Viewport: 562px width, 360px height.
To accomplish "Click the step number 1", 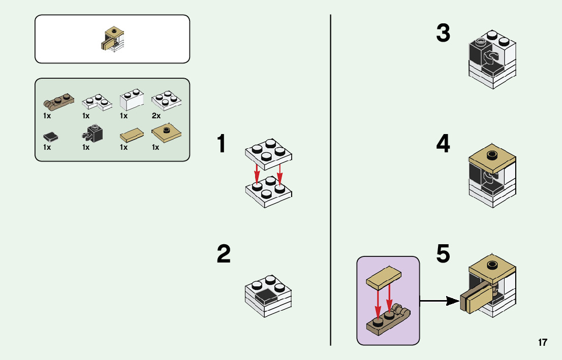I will click(221, 144).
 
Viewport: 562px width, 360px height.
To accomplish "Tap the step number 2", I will click(224, 254).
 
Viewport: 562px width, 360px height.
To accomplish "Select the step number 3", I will click(443, 34).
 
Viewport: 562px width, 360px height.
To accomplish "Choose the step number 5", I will click(443, 254).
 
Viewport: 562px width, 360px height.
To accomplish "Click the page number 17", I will click(543, 342).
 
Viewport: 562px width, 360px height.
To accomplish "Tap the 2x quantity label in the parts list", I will click(156, 116).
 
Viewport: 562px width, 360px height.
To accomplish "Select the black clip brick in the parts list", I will click(92, 134).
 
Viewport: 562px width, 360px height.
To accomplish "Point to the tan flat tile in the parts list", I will click(131, 135).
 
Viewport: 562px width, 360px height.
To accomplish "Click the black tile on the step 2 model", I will click(267, 297).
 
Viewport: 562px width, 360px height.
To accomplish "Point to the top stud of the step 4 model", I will click(491, 154).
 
